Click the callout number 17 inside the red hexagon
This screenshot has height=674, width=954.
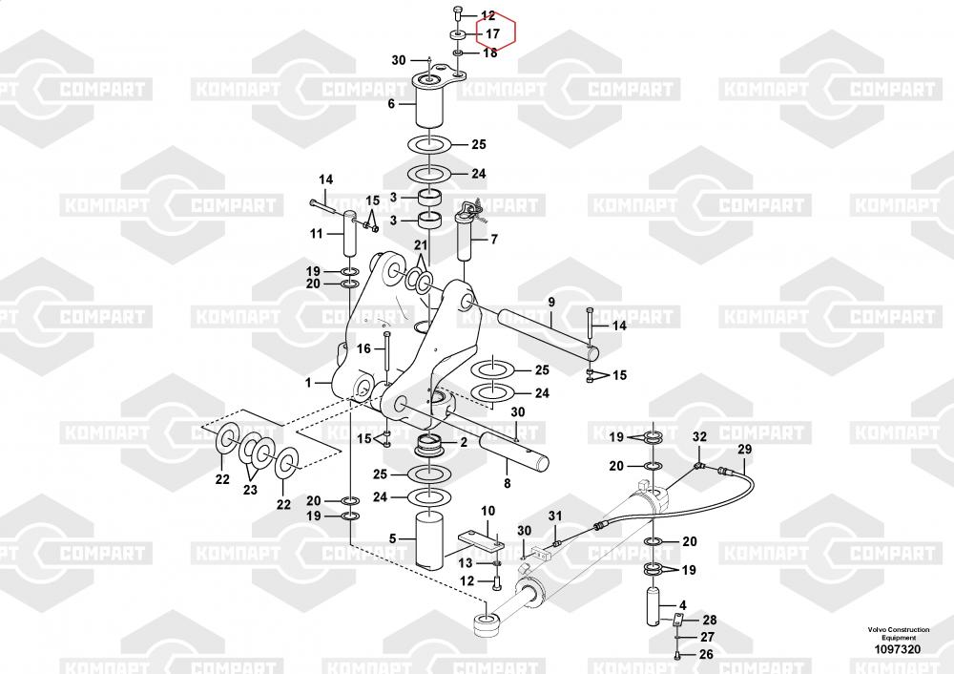click(x=492, y=34)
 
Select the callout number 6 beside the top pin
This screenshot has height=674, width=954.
click(x=391, y=104)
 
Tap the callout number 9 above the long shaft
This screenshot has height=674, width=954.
click(x=551, y=302)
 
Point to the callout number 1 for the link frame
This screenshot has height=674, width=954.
click(x=308, y=383)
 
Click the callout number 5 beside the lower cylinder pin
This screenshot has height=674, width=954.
click(x=392, y=538)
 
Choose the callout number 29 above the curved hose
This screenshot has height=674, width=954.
click(x=745, y=450)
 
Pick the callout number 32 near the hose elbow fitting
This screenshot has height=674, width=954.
click(x=699, y=436)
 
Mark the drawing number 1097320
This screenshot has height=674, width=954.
click(x=898, y=649)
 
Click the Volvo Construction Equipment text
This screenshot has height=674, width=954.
click(x=899, y=633)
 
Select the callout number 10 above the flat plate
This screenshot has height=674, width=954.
click(x=487, y=511)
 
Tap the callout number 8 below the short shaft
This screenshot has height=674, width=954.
click(x=507, y=484)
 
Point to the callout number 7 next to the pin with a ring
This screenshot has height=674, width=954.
click(x=494, y=240)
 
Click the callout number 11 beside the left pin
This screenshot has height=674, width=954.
click(x=317, y=234)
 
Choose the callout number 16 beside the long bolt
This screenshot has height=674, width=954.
click(x=363, y=348)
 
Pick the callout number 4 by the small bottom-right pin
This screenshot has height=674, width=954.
click(x=683, y=605)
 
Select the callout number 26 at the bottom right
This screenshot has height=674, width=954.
click(x=706, y=655)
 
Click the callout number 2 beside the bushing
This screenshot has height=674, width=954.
click(x=464, y=442)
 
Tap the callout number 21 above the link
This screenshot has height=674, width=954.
click(x=421, y=244)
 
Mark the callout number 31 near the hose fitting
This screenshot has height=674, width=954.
click(x=555, y=516)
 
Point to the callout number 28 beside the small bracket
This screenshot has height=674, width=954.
click(x=710, y=620)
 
